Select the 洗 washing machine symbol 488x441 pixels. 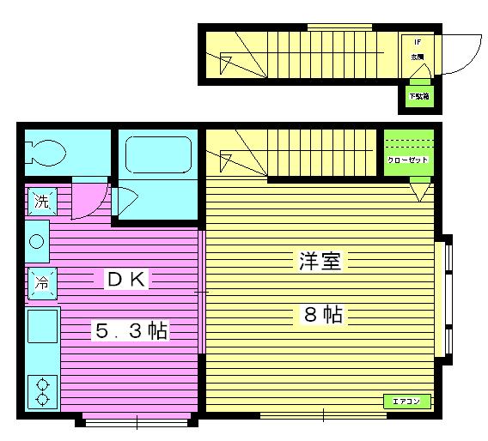(x=40, y=202)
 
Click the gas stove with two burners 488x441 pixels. (x=41, y=392)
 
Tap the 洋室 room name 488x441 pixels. (x=320, y=262)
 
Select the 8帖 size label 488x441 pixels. (x=322, y=315)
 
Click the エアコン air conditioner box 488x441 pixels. (x=405, y=401)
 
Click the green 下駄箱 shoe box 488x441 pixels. (x=418, y=97)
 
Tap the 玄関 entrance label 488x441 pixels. (x=418, y=57)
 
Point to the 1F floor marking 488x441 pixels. (x=418, y=41)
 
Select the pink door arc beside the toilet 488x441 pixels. (x=88, y=199)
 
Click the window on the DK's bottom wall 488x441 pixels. (x=138, y=420)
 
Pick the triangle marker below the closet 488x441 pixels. (x=418, y=190)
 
